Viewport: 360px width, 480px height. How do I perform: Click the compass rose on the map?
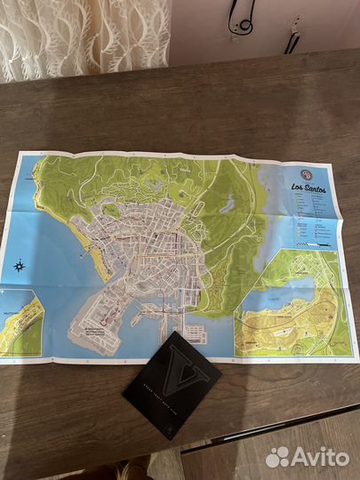pyautogui.click(x=19, y=265)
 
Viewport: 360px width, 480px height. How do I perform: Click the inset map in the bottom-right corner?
pyautogui.click(x=289, y=302)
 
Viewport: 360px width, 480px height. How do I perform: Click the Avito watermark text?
pyautogui.click(x=318, y=457)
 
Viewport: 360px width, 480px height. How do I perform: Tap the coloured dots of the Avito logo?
pyautogui.click(x=277, y=457)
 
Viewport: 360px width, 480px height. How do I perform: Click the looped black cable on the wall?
pyautogui.click(x=240, y=18)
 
